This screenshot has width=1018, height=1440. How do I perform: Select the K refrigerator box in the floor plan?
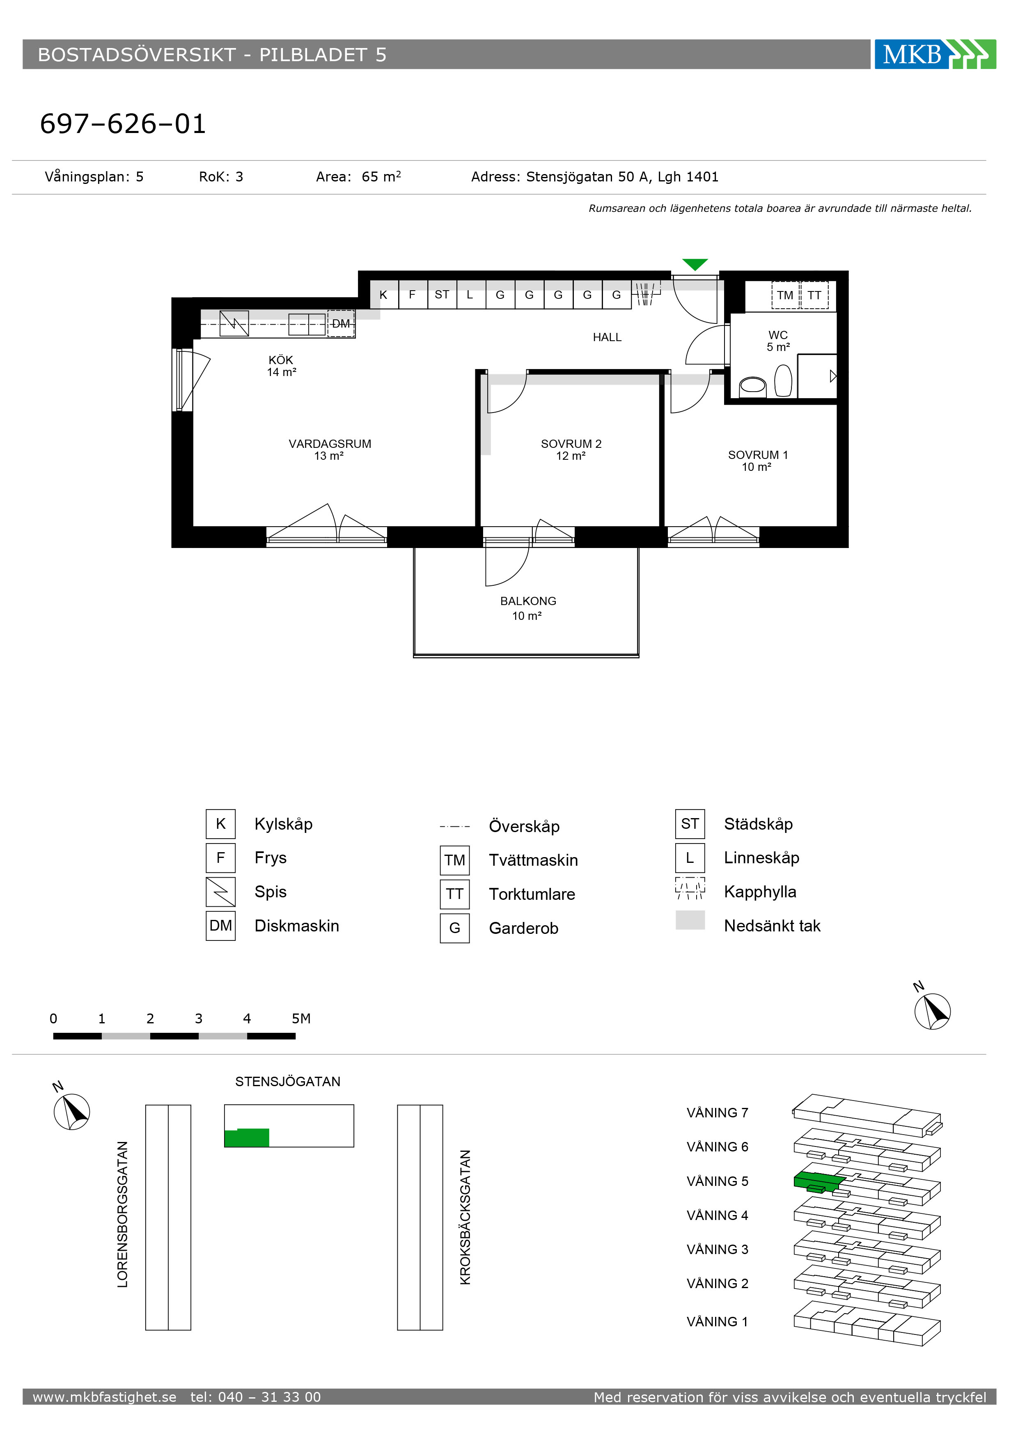[x=384, y=295]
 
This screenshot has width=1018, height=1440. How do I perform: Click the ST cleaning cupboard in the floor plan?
[x=442, y=295]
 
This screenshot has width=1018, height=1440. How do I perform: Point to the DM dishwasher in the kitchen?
[x=341, y=323]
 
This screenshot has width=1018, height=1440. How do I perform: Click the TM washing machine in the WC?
[x=785, y=296]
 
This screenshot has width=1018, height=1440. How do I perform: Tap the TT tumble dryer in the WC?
[x=814, y=296]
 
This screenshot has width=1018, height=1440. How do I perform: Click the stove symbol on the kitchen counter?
[x=234, y=323]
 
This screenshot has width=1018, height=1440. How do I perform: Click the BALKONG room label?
[x=528, y=601]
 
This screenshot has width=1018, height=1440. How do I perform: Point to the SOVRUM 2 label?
[x=571, y=444]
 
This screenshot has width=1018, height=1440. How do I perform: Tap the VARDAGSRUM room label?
[x=330, y=444]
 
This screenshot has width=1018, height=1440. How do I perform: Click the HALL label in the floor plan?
[x=607, y=337]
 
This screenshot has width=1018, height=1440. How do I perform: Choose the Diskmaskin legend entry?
[x=297, y=926]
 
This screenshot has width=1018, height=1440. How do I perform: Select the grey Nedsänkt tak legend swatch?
[x=690, y=920]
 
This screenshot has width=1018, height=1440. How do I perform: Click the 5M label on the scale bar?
[x=301, y=1018]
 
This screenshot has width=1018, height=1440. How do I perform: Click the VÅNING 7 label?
[x=718, y=1112]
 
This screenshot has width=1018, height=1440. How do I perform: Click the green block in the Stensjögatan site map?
[x=247, y=1138]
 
